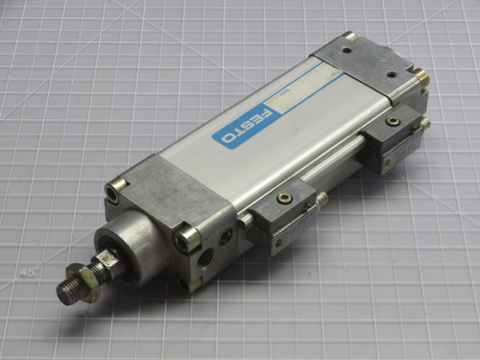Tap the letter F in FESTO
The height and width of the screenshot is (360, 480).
tap(266, 115)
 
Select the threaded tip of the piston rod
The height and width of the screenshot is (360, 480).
tap(67, 292)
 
